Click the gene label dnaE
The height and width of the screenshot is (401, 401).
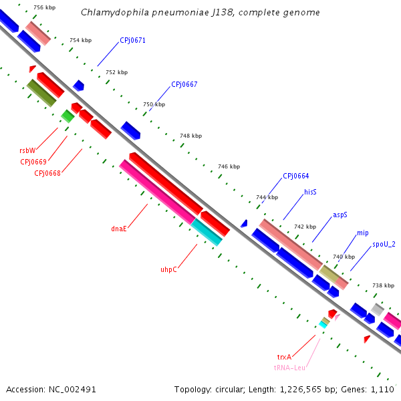119,229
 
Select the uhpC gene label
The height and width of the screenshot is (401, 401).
168,270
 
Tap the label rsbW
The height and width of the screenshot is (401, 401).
27,150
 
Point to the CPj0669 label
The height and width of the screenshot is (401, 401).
33,162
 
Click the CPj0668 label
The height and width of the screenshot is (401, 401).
47,173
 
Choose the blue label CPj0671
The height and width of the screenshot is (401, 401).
132,40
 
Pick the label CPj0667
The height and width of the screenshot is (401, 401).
184,85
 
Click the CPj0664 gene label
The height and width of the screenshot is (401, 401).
295,176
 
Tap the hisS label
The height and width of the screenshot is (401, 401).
310,192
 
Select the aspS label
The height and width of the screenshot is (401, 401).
340,215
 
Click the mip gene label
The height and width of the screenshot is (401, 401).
362,233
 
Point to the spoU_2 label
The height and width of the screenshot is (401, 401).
384,244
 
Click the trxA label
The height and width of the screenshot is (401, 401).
285,358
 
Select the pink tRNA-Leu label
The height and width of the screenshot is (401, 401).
289,368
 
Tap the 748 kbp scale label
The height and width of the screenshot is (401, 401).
190,136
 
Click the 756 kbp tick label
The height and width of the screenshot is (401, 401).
44,7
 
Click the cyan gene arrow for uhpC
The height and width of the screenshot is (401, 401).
207,232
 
